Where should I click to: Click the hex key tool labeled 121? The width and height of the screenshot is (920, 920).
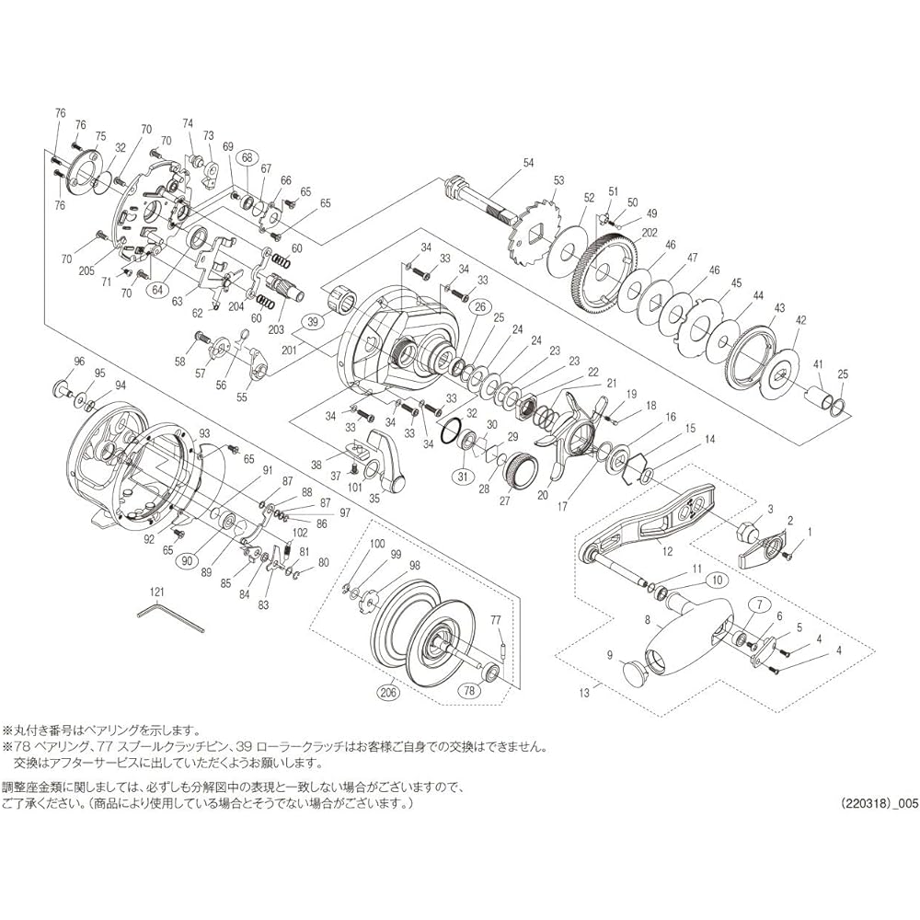click(x=170, y=617)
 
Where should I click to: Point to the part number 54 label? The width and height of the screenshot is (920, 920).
click(x=528, y=164)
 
